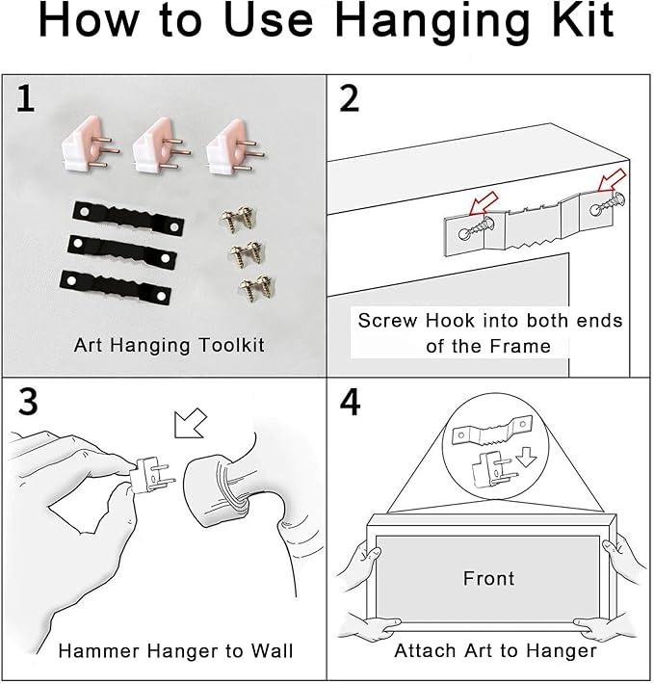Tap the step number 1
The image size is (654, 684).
25,99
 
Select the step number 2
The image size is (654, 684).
350,99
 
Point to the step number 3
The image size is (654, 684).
28,402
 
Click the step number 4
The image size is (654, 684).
350,402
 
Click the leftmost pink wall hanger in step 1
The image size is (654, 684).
90,145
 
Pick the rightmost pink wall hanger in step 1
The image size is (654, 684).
235,146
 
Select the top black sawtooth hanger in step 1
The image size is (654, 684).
128,219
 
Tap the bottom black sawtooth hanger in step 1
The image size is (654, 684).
116,288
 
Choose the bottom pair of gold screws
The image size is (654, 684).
257,286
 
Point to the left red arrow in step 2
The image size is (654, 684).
484,204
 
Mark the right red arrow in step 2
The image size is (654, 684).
612,180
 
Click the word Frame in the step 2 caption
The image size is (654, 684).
520,347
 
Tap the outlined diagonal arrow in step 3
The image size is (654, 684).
190,423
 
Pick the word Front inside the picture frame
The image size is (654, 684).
488,578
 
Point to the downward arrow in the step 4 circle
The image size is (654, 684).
526,459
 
